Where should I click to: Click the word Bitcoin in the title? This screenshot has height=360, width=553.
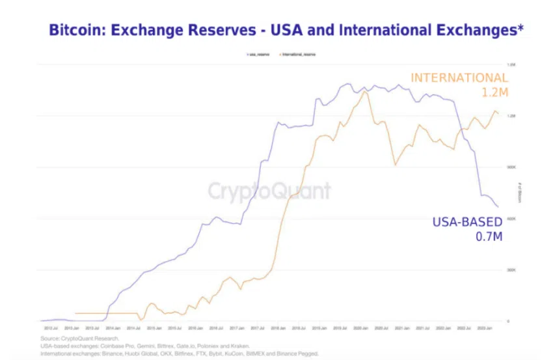click(x=74, y=30)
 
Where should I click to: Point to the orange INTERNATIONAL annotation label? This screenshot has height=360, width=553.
click(x=459, y=79)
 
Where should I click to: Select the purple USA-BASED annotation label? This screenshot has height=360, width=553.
click(x=467, y=222)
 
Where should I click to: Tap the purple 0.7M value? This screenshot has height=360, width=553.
click(x=489, y=236)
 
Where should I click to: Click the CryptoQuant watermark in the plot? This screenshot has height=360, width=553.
click(x=269, y=191)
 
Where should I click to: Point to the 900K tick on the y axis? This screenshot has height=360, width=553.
click(x=510, y=167)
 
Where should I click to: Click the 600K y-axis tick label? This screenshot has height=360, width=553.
click(x=510, y=219)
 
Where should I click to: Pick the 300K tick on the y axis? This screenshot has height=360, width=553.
click(x=510, y=270)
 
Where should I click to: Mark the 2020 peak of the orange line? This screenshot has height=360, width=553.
click(x=365, y=91)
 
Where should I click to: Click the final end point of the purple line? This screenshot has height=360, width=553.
click(x=499, y=207)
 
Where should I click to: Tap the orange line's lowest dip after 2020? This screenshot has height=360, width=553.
click(x=395, y=165)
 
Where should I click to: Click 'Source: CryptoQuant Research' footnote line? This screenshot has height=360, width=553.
click(x=79, y=339)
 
